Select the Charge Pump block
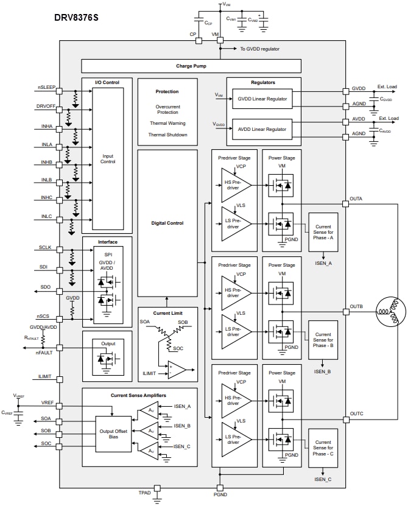(191, 66)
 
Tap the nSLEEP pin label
(46, 87)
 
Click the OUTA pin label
(356, 199)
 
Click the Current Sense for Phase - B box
(323, 342)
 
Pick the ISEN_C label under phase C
(323, 479)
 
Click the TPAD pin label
(145, 492)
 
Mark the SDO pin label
(46, 287)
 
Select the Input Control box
(107, 158)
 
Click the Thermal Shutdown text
(167, 135)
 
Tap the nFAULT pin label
(44, 353)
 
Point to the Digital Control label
(167, 223)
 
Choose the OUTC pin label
(356, 413)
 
